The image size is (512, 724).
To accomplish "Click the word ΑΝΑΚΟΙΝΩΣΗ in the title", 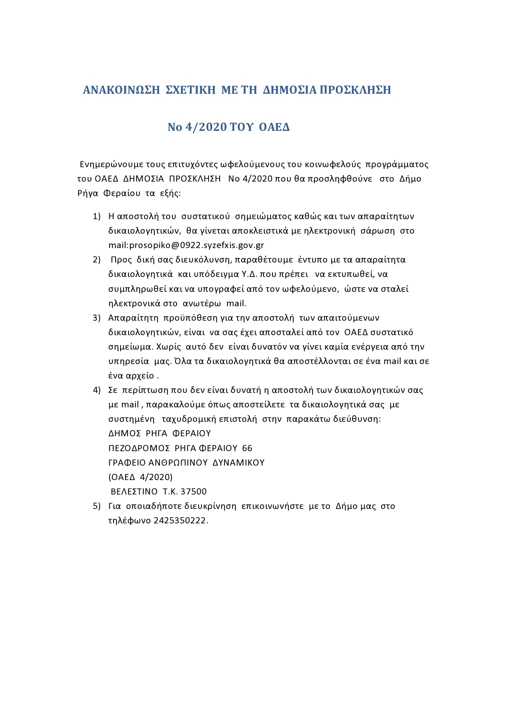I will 121,90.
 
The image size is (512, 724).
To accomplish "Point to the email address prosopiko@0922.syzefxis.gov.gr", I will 197,245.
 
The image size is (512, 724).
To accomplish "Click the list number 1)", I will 97,216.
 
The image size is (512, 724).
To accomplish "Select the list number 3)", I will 97,318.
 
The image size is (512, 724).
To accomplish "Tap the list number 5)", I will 97,506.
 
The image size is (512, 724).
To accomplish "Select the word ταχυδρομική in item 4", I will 189,419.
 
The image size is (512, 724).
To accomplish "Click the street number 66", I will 247,448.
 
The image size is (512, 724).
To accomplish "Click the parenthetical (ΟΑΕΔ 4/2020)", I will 140,477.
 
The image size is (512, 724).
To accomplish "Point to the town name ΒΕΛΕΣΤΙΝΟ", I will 134,492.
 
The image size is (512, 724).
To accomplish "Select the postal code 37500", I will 194,492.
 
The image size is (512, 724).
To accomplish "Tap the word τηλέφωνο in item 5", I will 129,521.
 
